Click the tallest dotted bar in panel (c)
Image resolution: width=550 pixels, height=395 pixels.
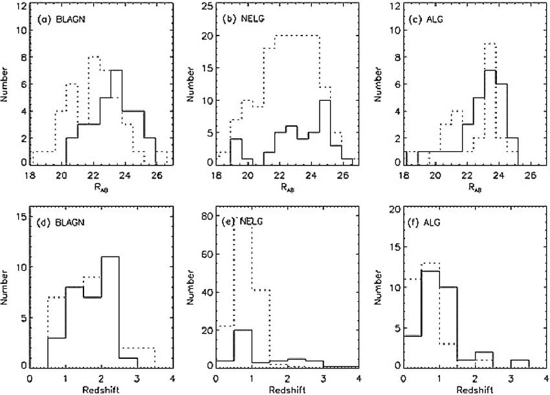(x=490, y=103)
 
